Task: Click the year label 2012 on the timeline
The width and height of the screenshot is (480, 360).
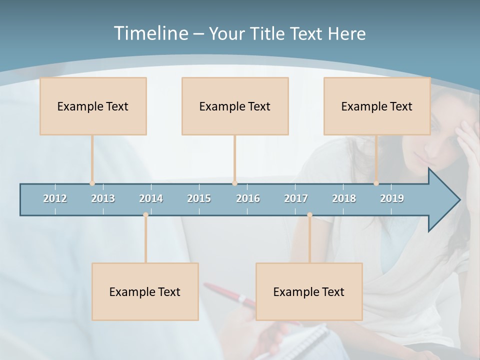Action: (55, 198)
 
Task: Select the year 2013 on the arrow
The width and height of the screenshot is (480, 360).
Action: (103, 198)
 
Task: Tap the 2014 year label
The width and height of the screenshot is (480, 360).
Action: (151, 198)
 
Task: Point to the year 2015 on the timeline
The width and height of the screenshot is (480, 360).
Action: (199, 198)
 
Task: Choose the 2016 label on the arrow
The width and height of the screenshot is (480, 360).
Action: (248, 198)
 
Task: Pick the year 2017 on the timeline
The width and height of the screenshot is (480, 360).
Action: (296, 198)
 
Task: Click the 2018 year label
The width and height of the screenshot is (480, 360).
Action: (344, 198)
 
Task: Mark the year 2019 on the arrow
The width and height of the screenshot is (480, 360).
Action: (392, 198)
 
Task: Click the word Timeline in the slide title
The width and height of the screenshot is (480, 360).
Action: (150, 33)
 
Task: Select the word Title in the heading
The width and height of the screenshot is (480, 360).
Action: (266, 33)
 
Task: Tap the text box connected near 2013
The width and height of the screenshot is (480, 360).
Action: (93, 106)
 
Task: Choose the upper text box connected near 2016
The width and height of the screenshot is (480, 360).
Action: (235, 106)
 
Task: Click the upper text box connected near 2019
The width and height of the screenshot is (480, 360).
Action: (377, 106)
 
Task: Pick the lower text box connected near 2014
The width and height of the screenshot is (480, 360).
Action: (145, 291)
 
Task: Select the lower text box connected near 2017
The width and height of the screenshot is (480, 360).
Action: (309, 291)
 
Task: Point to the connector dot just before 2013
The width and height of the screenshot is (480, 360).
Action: (92, 183)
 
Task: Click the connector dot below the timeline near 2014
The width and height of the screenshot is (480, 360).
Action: (145, 214)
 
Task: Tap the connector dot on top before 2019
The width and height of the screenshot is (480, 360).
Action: (376, 183)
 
